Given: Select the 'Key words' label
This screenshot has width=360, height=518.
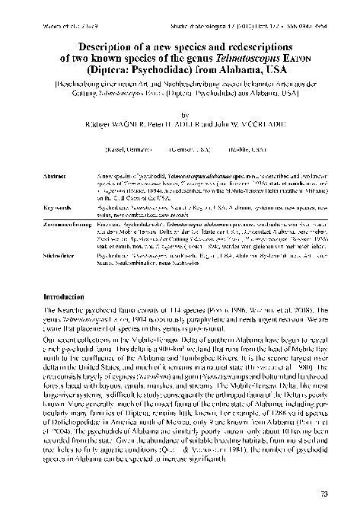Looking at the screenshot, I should (56, 185).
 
